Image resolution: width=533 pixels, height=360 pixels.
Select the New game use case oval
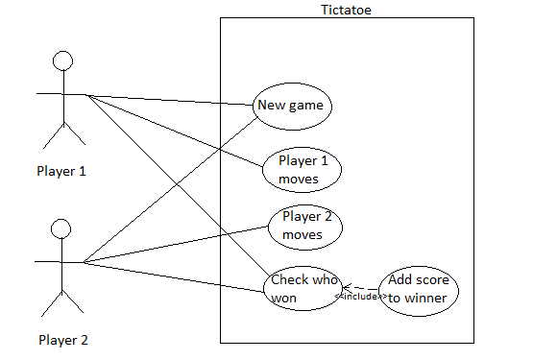click(x=293, y=106)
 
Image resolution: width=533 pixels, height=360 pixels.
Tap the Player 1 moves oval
click(x=303, y=170)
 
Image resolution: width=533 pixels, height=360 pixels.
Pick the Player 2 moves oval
click(x=304, y=226)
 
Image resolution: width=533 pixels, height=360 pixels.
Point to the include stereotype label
click(x=360, y=297)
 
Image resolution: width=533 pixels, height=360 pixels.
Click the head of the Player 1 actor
click(x=62, y=62)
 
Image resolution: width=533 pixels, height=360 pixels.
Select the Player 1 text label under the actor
click(x=61, y=172)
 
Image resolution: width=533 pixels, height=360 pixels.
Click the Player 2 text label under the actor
click(x=63, y=339)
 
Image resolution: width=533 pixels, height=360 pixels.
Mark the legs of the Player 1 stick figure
click(x=62, y=134)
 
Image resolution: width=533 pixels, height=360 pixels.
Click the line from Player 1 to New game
click(x=173, y=99)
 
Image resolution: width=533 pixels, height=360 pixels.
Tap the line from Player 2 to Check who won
click(x=173, y=274)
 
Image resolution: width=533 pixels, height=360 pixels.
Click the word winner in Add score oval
click(x=425, y=298)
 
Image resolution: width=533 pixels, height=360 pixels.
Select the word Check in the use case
click(x=290, y=280)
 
